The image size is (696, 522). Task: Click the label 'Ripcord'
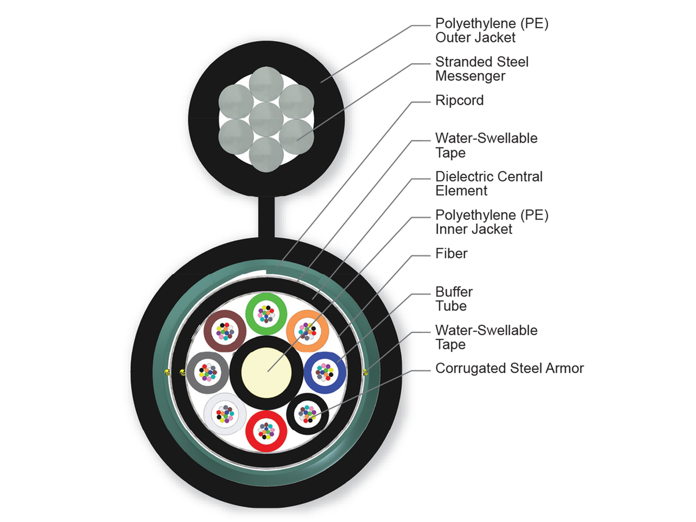[x=459, y=100]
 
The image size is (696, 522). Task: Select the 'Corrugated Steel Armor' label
[x=509, y=368]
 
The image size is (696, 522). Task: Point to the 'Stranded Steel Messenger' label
[x=481, y=69]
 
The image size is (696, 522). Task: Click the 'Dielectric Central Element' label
[x=488, y=183]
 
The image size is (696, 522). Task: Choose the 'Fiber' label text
[x=451, y=253]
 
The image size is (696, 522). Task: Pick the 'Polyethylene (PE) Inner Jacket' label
[x=491, y=222]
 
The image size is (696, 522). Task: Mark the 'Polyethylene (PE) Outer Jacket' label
[x=491, y=30]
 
